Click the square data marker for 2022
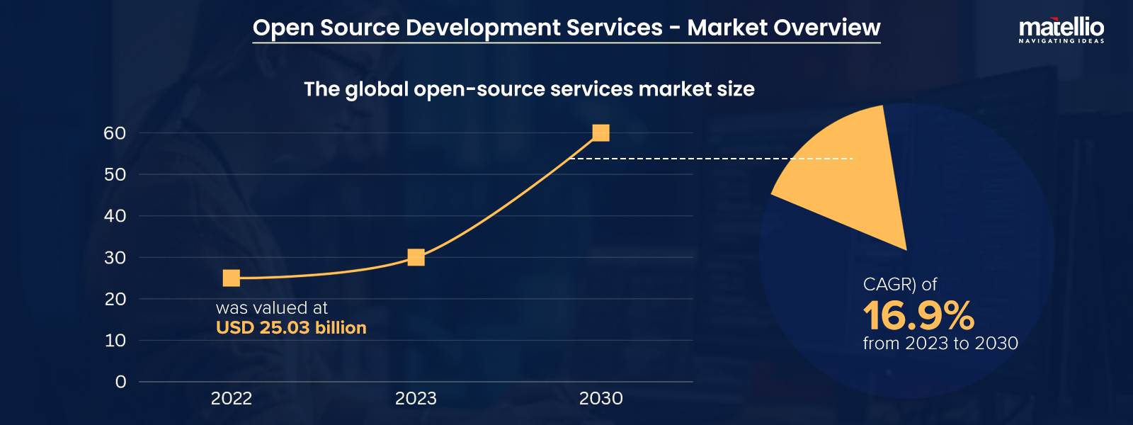click(x=232, y=278)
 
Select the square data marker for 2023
click(x=416, y=257)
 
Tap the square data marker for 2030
click(x=600, y=132)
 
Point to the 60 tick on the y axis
click(x=115, y=133)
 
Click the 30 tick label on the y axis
click(x=115, y=258)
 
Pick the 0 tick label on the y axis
click(x=121, y=382)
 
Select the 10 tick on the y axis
click(x=115, y=341)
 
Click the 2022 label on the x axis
click(x=232, y=399)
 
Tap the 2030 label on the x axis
click(x=600, y=399)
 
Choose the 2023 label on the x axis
click(x=416, y=399)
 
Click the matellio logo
click(x=1061, y=30)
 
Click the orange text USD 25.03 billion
click(x=291, y=328)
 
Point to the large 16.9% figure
click(x=918, y=316)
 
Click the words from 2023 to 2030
click(x=940, y=344)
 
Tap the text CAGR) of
click(x=899, y=285)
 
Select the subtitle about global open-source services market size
click(x=529, y=89)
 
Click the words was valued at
click(x=272, y=308)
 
